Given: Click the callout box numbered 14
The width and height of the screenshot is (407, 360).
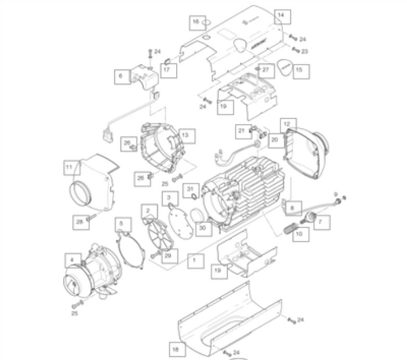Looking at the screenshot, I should [281, 16].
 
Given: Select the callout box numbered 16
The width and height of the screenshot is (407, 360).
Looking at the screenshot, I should [196, 23].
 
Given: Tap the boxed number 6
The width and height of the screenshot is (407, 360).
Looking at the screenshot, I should [120, 76].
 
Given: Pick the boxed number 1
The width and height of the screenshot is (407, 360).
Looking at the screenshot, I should [194, 261].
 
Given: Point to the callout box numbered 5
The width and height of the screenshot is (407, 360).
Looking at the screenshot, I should [120, 223].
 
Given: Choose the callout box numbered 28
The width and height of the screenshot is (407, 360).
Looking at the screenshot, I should [80, 222].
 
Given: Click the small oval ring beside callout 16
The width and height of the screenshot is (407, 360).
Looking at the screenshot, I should [206, 24].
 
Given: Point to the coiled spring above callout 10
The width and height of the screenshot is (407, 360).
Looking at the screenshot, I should [290, 228].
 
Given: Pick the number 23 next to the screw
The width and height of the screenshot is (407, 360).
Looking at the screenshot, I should [305, 51].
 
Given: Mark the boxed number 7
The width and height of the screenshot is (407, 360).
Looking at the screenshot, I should [321, 222].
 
